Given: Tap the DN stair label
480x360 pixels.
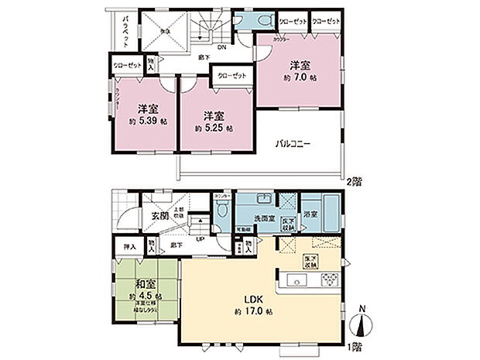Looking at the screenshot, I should click(x=222, y=48).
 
